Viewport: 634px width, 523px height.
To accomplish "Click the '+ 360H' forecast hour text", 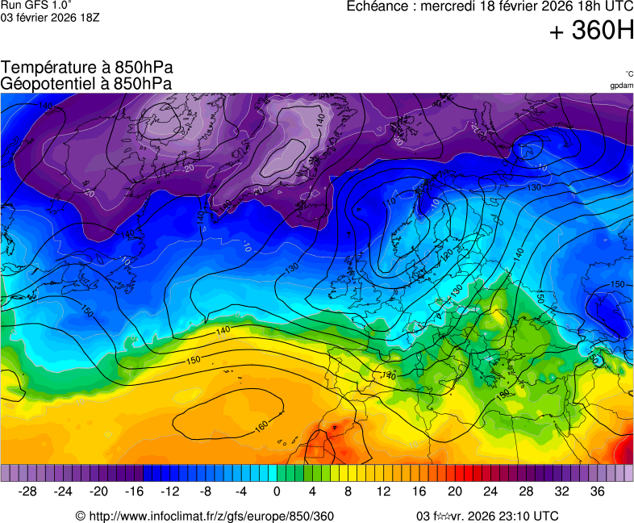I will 591,31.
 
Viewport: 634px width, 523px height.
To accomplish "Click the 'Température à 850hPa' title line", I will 87,68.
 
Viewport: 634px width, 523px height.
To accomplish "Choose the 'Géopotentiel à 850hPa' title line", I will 86,83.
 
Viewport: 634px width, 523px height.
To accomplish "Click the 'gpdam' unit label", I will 621,85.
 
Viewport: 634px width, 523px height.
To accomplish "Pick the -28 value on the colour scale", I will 28,492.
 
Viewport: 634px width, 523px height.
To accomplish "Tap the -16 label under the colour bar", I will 135,492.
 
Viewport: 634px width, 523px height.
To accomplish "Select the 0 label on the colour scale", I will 277,492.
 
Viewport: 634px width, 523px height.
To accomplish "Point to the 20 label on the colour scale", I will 455,492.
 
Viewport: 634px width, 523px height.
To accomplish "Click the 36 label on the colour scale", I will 597,492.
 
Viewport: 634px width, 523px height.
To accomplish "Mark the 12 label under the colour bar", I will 384,492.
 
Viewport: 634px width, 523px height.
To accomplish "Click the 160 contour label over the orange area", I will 261,425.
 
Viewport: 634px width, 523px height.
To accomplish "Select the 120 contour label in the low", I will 446,256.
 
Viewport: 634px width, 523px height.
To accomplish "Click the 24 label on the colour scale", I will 490,492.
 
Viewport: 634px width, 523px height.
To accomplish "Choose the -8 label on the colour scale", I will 206,492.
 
